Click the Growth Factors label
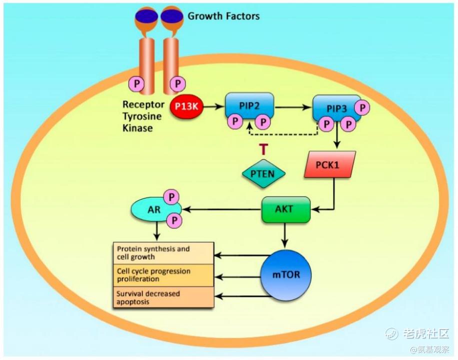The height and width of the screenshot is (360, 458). (223, 16)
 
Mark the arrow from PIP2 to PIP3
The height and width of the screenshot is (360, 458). (293, 106)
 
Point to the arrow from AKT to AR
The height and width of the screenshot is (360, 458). (222, 210)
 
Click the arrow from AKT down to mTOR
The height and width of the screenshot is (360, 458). (285, 235)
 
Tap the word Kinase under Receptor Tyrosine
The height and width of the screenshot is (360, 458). (137, 128)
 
